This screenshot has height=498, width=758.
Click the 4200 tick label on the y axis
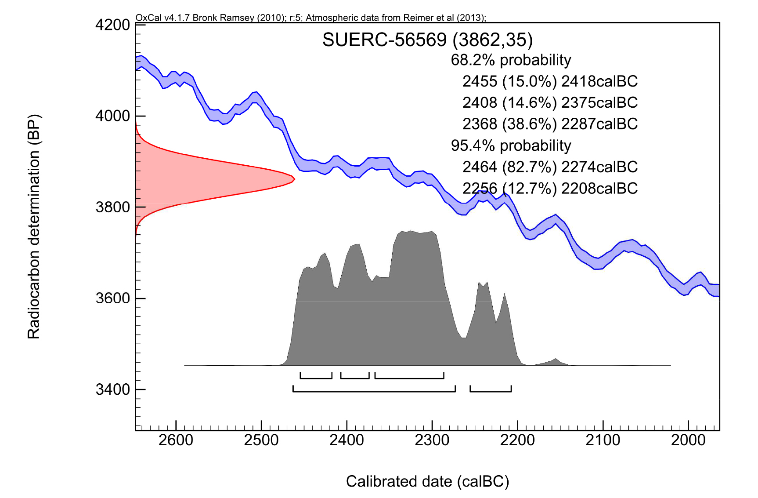tap(112, 25)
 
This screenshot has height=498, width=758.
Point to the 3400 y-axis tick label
tap(112, 389)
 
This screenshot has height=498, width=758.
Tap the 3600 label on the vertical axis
tap(112, 298)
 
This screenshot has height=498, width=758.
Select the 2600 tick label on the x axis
tap(176, 440)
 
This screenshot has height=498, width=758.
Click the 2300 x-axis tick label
tap(432, 440)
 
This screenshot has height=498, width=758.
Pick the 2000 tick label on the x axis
tap(688, 440)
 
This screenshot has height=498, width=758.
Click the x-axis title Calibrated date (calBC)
tap(427, 481)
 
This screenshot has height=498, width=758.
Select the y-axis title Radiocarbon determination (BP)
tap(34, 226)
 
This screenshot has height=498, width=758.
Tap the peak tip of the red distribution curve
tap(294, 179)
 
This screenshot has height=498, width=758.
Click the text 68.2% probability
tap(511, 60)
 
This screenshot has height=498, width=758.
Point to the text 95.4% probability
tap(511, 145)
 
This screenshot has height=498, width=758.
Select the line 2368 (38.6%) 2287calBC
tap(550, 124)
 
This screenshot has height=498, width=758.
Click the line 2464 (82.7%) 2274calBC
tap(550, 167)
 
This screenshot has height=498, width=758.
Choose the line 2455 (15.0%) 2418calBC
tap(550, 81)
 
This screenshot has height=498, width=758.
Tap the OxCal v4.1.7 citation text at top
tap(310, 18)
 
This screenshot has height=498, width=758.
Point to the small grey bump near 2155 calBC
tap(556, 361)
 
